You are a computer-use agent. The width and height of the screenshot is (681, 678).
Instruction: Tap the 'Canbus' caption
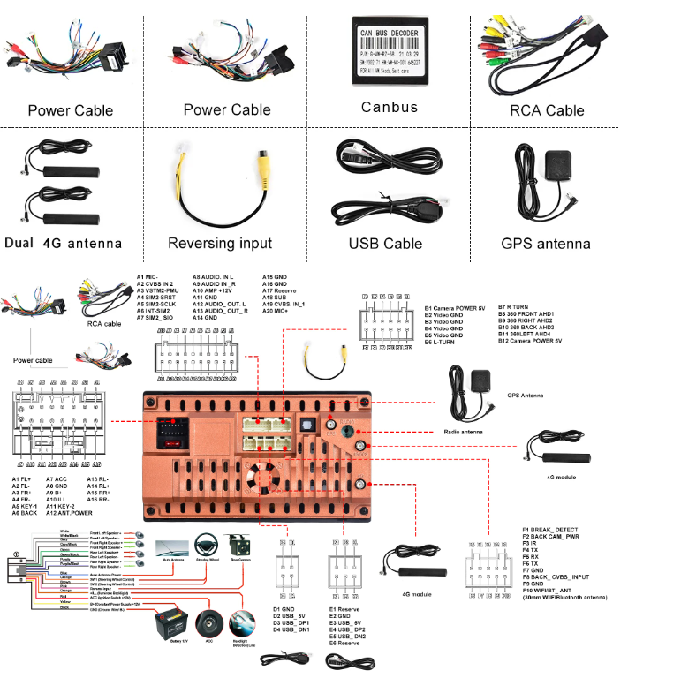(389, 108)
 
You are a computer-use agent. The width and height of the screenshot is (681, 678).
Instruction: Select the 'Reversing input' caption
(219, 243)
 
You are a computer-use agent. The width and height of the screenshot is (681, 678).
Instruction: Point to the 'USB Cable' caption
(385, 244)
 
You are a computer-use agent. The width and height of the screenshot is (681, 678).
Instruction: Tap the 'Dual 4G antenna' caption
(63, 244)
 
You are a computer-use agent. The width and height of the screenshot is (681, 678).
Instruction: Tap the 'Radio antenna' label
(463, 433)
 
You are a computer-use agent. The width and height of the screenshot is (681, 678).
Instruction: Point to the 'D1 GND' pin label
(283, 608)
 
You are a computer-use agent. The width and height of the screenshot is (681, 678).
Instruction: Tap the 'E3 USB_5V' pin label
(345, 622)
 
